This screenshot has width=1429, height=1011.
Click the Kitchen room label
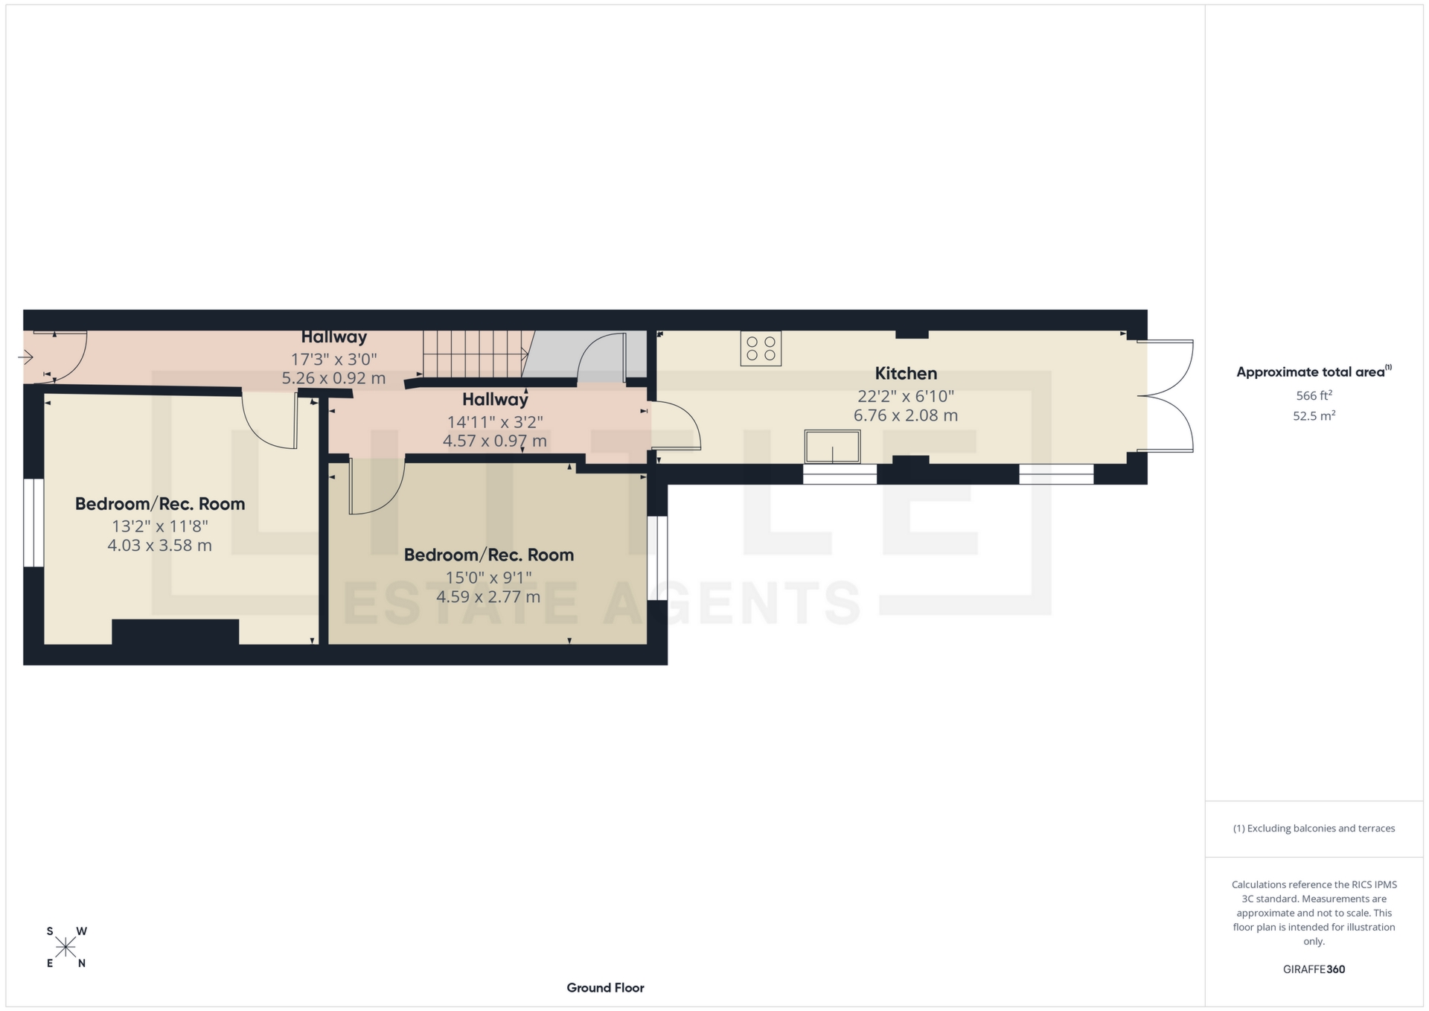pyautogui.click(x=905, y=374)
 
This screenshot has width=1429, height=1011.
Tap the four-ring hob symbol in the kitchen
pyautogui.click(x=761, y=348)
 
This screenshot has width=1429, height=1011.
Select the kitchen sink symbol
pyautogui.click(x=832, y=447)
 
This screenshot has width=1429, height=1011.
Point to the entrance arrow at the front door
pyautogui.click(x=26, y=358)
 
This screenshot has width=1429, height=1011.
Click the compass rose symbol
pyautogui.click(x=65, y=947)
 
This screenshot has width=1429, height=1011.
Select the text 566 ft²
pyautogui.click(x=1314, y=396)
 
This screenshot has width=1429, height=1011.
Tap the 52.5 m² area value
pyautogui.click(x=1314, y=416)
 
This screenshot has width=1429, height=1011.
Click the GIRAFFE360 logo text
pyautogui.click(x=1314, y=969)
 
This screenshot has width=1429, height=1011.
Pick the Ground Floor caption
pyautogui.click(x=605, y=988)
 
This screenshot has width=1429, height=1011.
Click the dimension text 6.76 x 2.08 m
pyautogui.click(x=905, y=416)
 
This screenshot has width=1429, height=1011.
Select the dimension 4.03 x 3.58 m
pyautogui.click(x=159, y=546)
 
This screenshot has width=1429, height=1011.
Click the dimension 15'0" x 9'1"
pyautogui.click(x=488, y=577)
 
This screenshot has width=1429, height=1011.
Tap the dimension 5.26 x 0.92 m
pyautogui.click(x=333, y=378)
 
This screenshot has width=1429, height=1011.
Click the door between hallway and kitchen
pyautogui.click(x=674, y=426)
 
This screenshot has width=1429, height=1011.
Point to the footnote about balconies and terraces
pyautogui.click(x=1314, y=829)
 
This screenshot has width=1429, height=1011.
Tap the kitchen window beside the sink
pyautogui.click(x=840, y=474)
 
